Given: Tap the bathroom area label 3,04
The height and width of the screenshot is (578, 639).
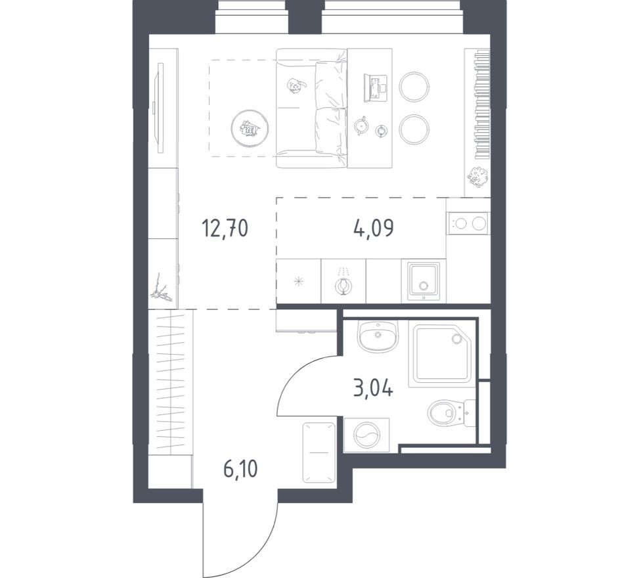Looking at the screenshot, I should tap(372, 389).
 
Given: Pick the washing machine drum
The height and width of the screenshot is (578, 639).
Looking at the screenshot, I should tap(366, 435).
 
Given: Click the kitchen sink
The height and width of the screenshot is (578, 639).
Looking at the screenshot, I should tap(424, 280).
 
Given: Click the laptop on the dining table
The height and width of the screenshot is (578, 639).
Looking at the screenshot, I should tap(376, 87).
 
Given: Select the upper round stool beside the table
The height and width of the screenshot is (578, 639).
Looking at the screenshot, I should tap(414, 86).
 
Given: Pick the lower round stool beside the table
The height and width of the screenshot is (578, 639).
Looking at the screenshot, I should tap(414, 129).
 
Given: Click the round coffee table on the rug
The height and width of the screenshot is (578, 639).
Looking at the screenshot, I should tap(250, 127).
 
